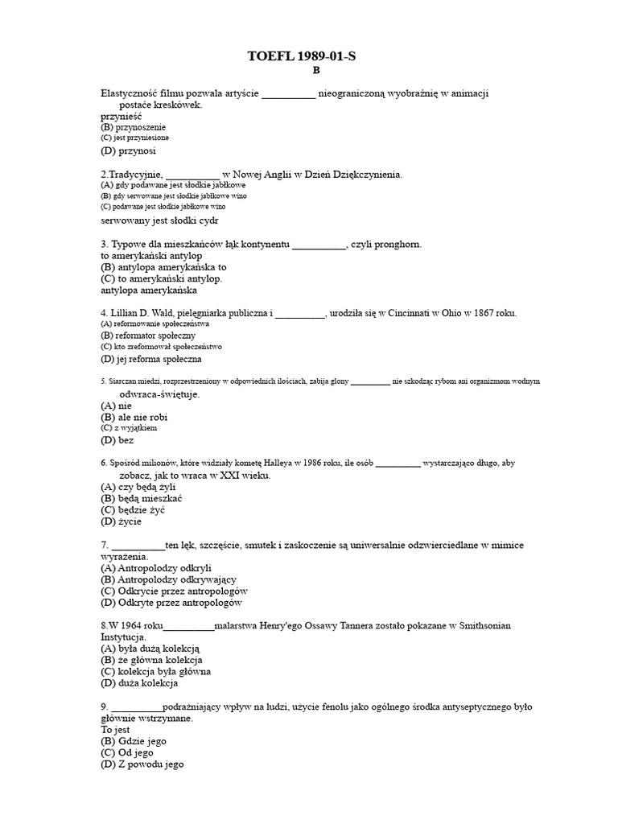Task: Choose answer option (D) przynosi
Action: [x=128, y=150]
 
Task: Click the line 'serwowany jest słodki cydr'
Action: [x=159, y=220]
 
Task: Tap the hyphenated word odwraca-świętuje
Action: [x=159, y=394]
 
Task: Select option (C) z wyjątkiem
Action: [x=129, y=428]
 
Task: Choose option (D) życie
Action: [x=121, y=521]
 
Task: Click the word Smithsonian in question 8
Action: [x=483, y=625]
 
